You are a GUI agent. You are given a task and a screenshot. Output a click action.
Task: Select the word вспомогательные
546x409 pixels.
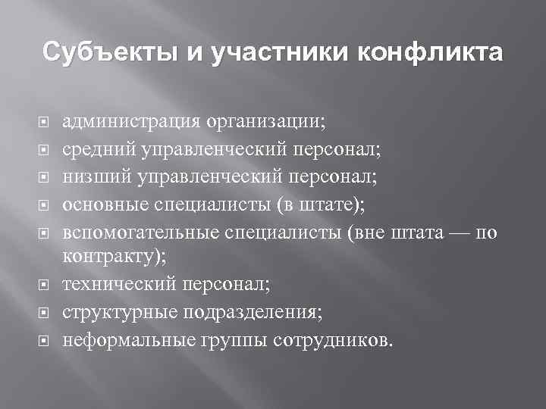pos(142,233)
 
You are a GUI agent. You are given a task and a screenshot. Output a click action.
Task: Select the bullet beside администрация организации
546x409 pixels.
pos(44,120)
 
